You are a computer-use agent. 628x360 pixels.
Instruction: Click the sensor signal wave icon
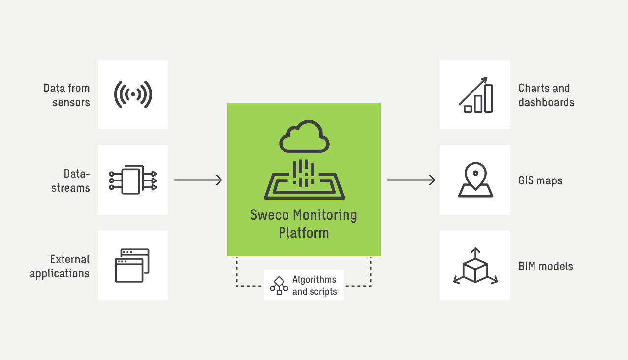click(x=133, y=94)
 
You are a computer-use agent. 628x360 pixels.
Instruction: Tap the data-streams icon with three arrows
click(x=132, y=180)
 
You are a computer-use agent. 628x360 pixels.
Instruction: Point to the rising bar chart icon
click(x=475, y=94)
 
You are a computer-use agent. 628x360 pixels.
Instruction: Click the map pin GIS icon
click(x=475, y=180)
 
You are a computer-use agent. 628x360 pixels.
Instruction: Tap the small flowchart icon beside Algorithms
click(x=279, y=286)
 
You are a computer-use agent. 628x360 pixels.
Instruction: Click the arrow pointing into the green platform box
click(x=198, y=180)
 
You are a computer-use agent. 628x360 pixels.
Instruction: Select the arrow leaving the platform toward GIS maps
click(x=411, y=180)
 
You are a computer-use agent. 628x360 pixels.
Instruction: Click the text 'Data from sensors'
click(x=67, y=95)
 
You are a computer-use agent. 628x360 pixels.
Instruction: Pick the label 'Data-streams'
click(x=71, y=180)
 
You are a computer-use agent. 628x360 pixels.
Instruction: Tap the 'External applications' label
click(x=60, y=266)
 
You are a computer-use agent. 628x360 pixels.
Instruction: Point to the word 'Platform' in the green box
click(x=304, y=232)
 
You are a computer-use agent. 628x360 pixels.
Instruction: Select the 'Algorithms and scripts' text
click(x=314, y=286)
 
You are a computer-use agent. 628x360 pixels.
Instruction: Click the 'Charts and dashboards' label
click(x=546, y=95)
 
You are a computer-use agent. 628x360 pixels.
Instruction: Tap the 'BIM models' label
click(x=546, y=267)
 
